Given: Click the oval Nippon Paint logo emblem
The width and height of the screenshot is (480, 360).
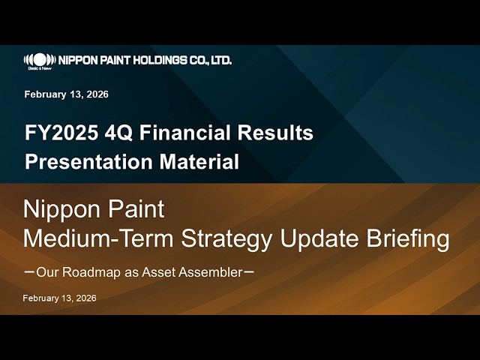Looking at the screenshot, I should pos(40,58).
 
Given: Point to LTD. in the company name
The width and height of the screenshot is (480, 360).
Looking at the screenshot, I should pos(220,60).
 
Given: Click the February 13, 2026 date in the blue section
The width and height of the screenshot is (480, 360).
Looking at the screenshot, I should pos(66,94).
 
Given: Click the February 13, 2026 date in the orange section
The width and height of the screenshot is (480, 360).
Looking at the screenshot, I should pos(59,298).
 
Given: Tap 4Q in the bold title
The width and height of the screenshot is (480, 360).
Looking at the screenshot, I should pos(102,133).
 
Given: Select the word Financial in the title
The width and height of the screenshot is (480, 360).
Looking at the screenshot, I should pos(164,133).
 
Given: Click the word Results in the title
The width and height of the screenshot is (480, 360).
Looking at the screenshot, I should pos(276,133).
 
